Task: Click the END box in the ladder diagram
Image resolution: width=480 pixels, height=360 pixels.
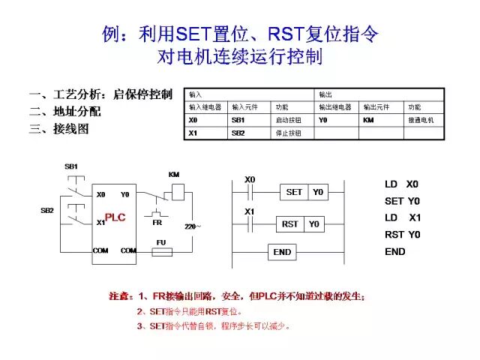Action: point(282,252)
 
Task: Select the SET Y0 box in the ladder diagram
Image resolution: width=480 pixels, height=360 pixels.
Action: point(304,192)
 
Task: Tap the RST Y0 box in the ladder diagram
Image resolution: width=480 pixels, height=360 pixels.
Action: point(301,224)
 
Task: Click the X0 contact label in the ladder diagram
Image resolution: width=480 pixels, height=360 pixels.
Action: point(250,179)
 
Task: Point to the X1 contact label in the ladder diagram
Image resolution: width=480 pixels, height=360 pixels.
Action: point(250,211)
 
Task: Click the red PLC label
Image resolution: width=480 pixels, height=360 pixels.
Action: point(115,217)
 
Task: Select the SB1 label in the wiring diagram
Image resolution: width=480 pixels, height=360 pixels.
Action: point(71,166)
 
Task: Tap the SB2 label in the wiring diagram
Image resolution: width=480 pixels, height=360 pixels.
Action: point(47,211)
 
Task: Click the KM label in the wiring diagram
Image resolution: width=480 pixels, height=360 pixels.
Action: point(174,175)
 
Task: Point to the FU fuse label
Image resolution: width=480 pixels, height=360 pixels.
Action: point(160,242)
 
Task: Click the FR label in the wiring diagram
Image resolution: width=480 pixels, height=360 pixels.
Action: point(157,223)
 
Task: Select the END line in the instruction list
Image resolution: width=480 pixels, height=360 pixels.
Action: point(395,251)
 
